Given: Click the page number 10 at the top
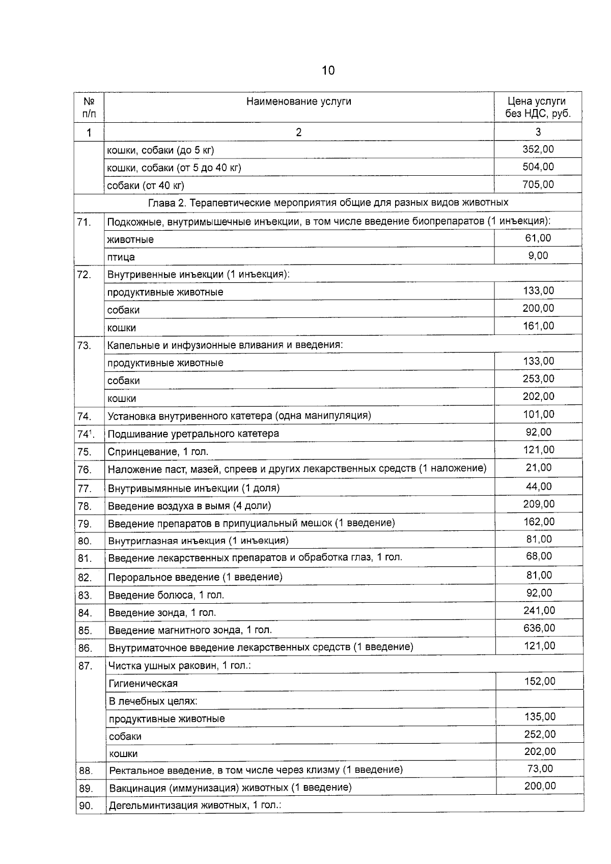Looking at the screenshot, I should (x=328, y=70).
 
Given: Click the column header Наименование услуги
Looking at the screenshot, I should (x=298, y=101).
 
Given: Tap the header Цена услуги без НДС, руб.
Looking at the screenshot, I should (x=538, y=107).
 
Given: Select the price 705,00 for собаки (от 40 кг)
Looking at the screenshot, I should (x=538, y=184).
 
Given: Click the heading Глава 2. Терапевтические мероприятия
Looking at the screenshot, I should (x=328, y=203).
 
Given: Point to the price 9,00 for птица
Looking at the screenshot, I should (x=538, y=256).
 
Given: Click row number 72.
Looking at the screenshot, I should (x=84, y=275).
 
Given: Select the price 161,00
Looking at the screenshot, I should (x=538, y=326).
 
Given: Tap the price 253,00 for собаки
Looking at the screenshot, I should (x=538, y=379).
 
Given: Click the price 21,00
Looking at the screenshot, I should (x=538, y=468).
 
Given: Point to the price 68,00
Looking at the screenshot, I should (x=539, y=556).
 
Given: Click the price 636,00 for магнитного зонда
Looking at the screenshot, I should (x=539, y=629).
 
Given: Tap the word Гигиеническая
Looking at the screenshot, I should (x=143, y=684).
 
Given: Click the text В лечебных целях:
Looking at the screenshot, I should (x=153, y=701).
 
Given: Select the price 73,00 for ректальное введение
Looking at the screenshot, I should (x=540, y=769).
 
